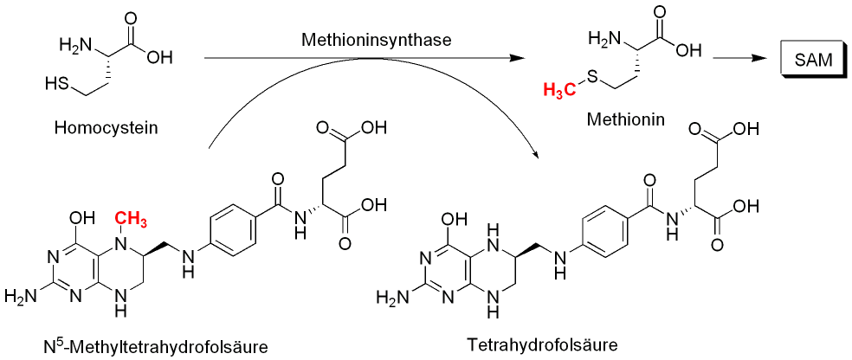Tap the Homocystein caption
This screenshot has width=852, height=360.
coord(100,129)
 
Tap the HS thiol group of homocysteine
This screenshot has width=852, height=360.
coord(59,85)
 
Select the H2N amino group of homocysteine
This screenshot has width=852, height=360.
coord(74,43)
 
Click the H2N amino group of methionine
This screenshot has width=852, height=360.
coord(603,38)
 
